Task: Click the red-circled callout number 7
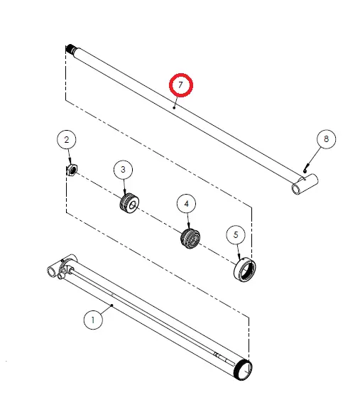pyautogui.click(x=181, y=85)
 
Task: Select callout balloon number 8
pyautogui.click(x=326, y=139)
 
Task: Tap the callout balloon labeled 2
pyautogui.click(x=67, y=139)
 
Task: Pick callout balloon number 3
pyautogui.click(x=123, y=170)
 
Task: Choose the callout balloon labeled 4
pyautogui.click(x=187, y=204)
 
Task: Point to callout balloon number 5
pyautogui.click(x=236, y=235)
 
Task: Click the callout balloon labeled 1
pyautogui.click(x=93, y=320)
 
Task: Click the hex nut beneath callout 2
pyautogui.click(x=72, y=170)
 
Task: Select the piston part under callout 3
pyautogui.click(x=129, y=203)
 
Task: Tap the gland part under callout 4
pyautogui.click(x=190, y=238)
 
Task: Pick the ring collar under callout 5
pyautogui.click(x=244, y=270)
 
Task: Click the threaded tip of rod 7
pyautogui.click(x=70, y=48)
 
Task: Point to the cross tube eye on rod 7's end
pyautogui.click(x=305, y=184)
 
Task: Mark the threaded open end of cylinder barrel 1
pyautogui.click(x=243, y=369)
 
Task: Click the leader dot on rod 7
pyautogui.click(x=174, y=108)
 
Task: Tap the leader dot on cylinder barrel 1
pyautogui.click(x=112, y=305)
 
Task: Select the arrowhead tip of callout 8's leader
pyautogui.click(x=305, y=171)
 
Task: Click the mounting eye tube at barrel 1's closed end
pyautogui.click(x=53, y=271)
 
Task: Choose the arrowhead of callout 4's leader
pyautogui.click(x=188, y=227)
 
